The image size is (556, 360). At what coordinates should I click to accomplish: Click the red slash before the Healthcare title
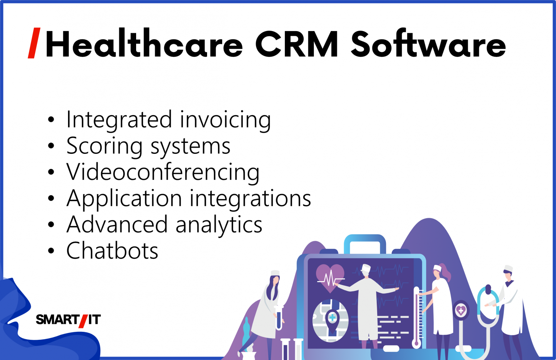[34, 43]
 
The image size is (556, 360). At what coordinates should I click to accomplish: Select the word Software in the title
[428, 45]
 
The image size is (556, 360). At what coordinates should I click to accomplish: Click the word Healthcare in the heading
[144, 45]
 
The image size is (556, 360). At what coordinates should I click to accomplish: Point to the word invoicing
[225, 120]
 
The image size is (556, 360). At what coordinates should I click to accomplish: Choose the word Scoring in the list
[105, 146]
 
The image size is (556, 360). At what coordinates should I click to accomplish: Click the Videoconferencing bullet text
[163, 172]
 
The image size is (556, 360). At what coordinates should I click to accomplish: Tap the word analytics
[219, 225]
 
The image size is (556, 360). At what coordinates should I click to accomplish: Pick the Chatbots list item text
[112, 251]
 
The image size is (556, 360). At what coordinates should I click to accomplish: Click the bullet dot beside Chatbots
[51, 251]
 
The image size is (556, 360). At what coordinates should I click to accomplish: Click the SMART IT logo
[68, 320]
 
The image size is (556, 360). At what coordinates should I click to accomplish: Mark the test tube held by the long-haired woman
[279, 318]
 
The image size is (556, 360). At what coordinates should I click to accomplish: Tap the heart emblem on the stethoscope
[461, 310]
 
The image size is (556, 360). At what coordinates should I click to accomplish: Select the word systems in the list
[190, 146]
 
